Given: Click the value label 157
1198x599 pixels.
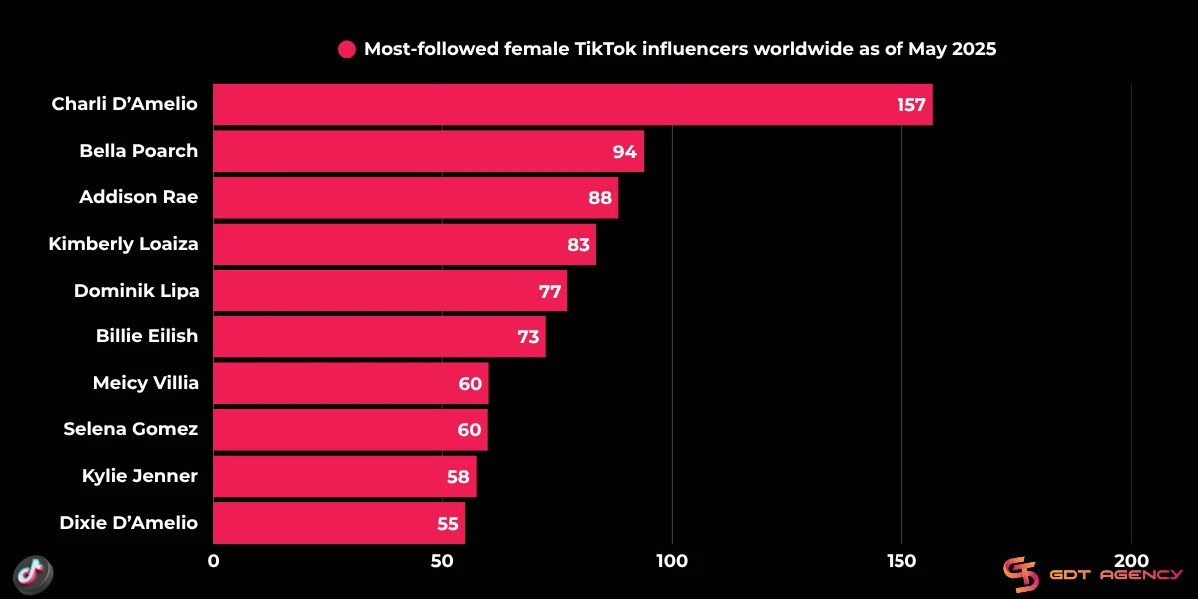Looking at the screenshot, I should click(x=911, y=105).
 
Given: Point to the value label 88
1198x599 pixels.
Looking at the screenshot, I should click(x=599, y=198).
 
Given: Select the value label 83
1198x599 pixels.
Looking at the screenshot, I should click(x=577, y=244).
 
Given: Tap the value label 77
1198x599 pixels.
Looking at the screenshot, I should click(x=550, y=291).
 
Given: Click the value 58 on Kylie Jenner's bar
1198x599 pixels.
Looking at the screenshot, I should click(x=458, y=477).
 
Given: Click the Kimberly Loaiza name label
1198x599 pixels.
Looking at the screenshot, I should click(x=123, y=244).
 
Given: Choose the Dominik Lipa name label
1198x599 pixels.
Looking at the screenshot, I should click(x=136, y=291).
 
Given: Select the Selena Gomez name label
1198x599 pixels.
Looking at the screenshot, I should click(x=130, y=430).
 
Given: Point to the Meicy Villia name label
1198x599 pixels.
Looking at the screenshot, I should click(x=145, y=383).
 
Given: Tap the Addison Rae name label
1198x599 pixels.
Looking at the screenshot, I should click(x=138, y=198).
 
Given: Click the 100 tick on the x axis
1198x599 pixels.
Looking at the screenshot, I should click(x=672, y=561).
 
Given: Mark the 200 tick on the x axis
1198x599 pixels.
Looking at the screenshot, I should click(x=1131, y=561).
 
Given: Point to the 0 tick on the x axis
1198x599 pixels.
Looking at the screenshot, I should click(x=213, y=561).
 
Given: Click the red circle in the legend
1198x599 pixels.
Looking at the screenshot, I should click(x=347, y=49).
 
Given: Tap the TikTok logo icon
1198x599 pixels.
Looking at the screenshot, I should click(x=32, y=573).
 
